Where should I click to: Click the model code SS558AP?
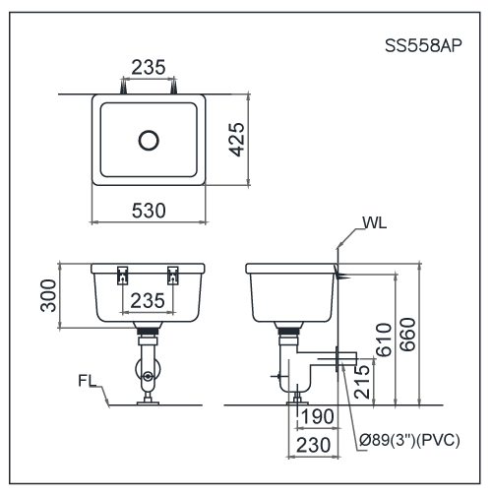[429, 46]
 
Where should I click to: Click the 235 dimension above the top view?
[150, 68]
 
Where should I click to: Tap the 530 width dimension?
[149, 210]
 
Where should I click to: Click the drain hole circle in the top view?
[149, 140]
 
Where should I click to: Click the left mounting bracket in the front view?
[123, 275]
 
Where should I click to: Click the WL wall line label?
[374, 223]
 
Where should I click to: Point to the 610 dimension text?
[385, 339]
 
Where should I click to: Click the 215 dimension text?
[362, 380]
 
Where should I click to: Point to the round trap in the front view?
[148, 375]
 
